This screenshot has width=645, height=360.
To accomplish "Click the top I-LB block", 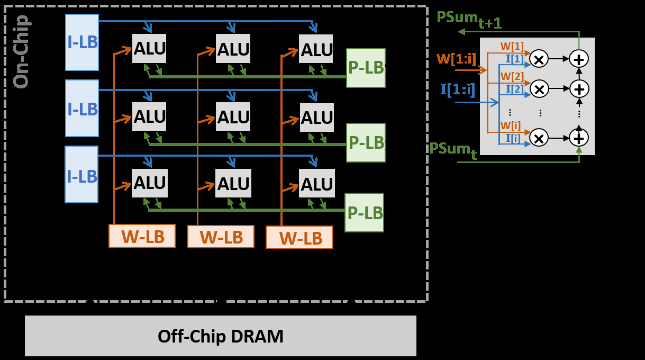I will [82, 42].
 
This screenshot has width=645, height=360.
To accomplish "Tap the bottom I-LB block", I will [81, 174].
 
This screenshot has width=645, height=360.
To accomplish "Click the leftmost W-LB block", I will [142, 236].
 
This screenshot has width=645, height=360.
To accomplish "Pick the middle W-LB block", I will [221, 237].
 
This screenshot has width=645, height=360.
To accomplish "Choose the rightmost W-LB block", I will [299, 237].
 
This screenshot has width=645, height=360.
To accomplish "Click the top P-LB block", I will [366, 68].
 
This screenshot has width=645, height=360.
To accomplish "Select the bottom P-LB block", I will [364, 212].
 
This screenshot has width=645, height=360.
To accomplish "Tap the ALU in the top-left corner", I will [149, 49].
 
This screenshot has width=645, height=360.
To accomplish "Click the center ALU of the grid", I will [233, 116].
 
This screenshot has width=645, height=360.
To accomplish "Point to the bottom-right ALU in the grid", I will [316, 184].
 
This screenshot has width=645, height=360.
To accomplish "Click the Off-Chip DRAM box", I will [221, 336].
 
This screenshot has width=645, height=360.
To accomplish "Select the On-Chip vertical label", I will [21, 52].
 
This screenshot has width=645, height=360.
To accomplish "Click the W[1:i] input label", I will [456, 57].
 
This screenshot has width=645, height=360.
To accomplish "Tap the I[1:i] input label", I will [458, 88].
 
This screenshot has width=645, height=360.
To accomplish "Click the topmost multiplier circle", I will [539, 59].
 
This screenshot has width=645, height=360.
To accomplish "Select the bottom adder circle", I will [579, 138].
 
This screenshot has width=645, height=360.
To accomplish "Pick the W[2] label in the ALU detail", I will [512, 76].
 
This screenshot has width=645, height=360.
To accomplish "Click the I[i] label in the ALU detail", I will [513, 138].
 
